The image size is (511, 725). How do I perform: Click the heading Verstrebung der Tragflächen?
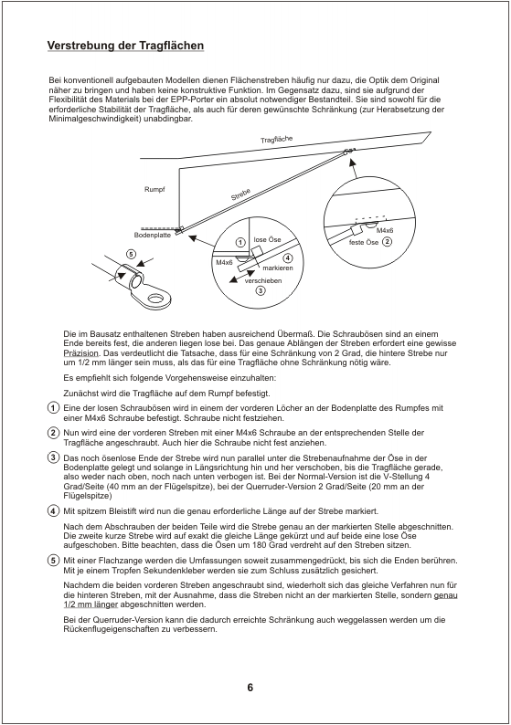click(x=125, y=46)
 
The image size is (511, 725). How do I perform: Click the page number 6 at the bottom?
click(x=250, y=688)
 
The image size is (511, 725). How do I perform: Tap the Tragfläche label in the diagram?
click(x=276, y=139)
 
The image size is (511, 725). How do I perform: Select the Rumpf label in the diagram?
click(x=154, y=189)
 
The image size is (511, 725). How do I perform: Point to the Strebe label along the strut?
click(x=240, y=194)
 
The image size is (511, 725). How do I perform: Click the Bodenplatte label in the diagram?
click(x=153, y=235)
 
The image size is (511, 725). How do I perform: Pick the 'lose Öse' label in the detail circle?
click(x=267, y=239)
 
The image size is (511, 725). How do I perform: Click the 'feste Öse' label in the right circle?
click(x=364, y=242)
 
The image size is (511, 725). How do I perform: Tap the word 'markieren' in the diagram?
click(x=278, y=268)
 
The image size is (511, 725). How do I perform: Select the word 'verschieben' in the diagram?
click(x=263, y=280)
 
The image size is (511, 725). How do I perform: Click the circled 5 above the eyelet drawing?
click(x=131, y=254)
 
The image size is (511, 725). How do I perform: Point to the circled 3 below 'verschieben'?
click(x=261, y=291)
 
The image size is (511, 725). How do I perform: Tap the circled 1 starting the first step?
click(x=54, y=408)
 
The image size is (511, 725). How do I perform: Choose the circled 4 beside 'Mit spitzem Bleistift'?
click(x=54, y=511)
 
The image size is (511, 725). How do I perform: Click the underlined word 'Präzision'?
click(x=80, y=353)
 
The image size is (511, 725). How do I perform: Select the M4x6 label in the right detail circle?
click(x=385, y=230)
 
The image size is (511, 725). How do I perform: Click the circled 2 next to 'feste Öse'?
click(x=387, y=241)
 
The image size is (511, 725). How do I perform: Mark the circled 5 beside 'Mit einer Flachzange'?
click(x=54, y=561)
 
